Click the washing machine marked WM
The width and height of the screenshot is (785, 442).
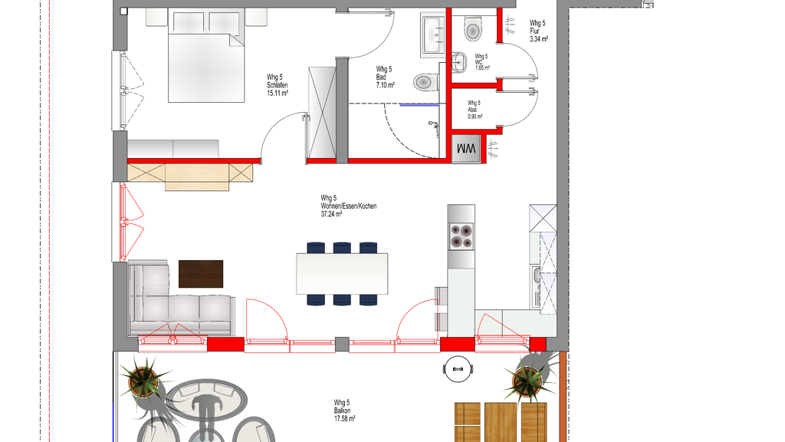tap(466, 149)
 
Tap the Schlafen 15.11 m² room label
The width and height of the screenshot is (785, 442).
tap(278, 85)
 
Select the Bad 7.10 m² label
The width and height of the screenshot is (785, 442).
tap(386, 78)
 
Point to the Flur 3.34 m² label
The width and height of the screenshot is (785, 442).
tap(539, 31)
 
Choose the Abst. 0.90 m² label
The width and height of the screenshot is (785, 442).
tap(475, 110)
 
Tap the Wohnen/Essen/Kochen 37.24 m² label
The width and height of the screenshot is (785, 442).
tap(349, 206)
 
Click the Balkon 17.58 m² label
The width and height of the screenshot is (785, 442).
tap(344, 411)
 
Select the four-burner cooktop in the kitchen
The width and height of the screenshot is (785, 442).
tap(461, 236)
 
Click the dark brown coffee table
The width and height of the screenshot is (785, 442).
tap(201, 274)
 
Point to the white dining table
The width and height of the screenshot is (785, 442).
tap(342, 274)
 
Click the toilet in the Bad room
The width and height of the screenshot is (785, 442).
tap(426, 81)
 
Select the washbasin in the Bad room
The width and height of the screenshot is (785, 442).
tap(433, 34)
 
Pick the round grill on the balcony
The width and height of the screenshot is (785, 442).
tap(458, 369)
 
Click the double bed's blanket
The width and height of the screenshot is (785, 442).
tap(205, 68)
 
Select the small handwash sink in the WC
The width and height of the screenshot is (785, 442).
tap(458, 63)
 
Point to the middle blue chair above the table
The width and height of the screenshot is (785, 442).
tap(342, 248)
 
